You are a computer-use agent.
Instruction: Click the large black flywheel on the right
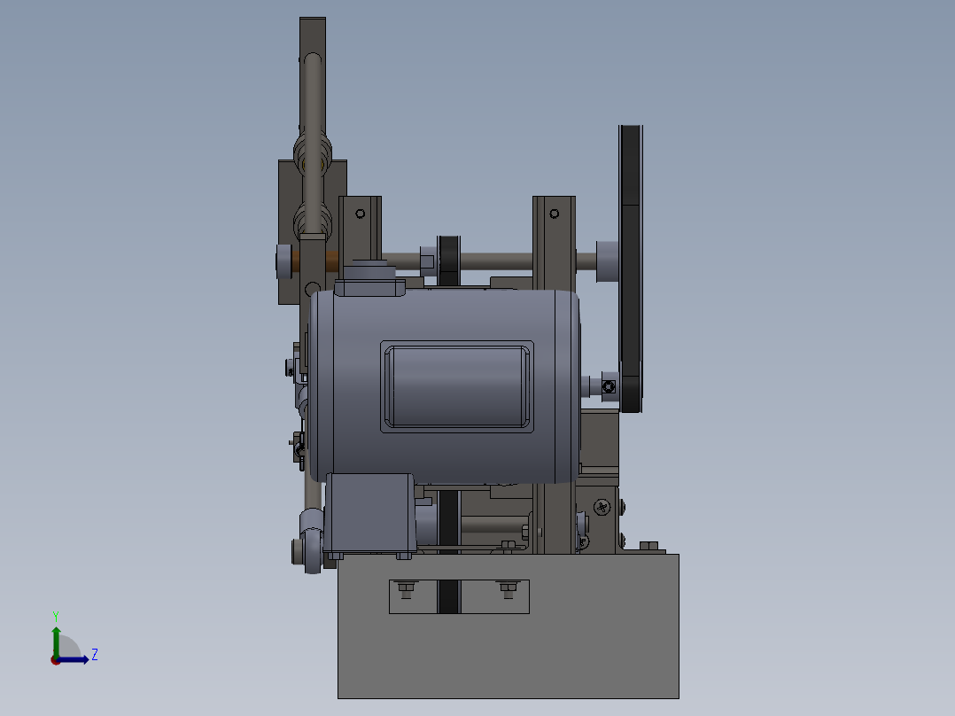630,266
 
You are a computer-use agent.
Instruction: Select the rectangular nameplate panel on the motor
457,387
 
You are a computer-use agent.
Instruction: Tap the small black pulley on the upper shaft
449,260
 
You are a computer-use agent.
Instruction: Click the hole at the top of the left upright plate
360,214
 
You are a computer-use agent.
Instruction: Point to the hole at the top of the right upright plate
555,214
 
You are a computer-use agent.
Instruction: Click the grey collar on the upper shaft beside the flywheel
607,261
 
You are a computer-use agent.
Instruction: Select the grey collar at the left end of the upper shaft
282,260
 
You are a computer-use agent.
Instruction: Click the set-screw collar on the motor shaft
608,385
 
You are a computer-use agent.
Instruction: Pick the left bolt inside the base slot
407,588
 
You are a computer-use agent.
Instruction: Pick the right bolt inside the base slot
508,588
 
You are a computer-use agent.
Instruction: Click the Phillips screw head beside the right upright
602,507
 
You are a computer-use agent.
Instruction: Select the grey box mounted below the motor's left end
369,513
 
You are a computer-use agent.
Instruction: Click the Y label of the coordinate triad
55,615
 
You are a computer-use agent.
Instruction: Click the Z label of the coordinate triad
95,655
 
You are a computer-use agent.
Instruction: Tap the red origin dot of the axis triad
56,660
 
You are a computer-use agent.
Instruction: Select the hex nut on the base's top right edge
647,547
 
